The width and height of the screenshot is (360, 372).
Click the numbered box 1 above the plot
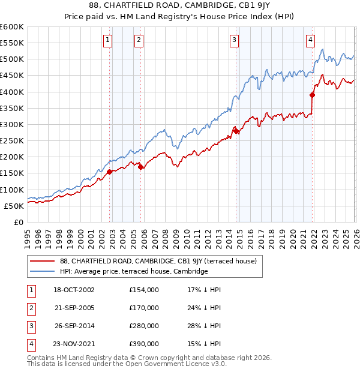(x=107, y=40)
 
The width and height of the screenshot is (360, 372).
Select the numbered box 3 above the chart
(x=233, y=40)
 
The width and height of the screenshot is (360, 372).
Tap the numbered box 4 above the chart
(x=310, y=40)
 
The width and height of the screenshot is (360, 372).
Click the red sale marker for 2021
(x=313, y=95)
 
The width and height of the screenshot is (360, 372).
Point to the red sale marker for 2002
(x=110, y=172)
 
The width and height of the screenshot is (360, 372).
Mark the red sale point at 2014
(x=236, y=131)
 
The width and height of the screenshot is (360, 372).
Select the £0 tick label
(x=18, y=222)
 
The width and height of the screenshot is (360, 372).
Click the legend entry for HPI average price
(x=133, y=272)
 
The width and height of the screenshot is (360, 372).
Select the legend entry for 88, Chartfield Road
(x=158, y=261)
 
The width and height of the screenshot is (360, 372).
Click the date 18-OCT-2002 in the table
(x=74, y=290)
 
